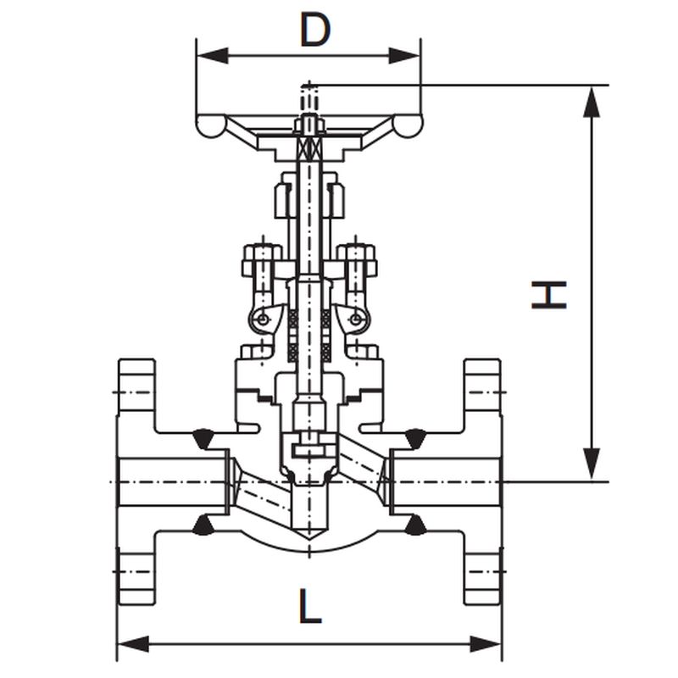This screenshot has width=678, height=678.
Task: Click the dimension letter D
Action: tap(315, 31)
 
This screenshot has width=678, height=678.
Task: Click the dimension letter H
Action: tap(548, 295)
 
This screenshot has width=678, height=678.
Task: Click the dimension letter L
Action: tap(310, 606)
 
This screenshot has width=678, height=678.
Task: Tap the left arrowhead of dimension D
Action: tap(213, 56)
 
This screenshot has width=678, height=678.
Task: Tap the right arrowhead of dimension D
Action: tap(404, 56)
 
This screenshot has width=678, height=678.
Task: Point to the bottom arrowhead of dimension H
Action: tap(591, 464)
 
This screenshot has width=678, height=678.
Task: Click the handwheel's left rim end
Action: tap(211, 125)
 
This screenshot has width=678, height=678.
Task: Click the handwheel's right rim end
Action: tap(408, 125)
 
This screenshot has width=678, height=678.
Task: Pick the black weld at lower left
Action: tap(203, 525)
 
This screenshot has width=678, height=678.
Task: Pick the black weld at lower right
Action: tap(416, 525)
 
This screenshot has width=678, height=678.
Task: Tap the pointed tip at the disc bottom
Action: tap(309, 539)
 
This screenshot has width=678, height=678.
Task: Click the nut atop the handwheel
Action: tap(309, 125)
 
